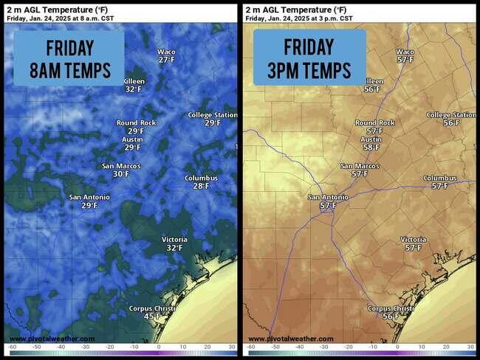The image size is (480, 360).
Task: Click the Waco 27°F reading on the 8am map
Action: coord(166,60)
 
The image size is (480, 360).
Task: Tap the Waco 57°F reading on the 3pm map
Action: coord(405,60)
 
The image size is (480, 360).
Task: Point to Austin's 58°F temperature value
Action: coord(371,148)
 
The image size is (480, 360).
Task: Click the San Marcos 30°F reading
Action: coord(120,174)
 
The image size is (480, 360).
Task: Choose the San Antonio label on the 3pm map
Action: coord(327,197)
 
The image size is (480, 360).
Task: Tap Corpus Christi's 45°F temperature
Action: coord(151,316)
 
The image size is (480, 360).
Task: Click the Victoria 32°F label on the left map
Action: coord(174,248)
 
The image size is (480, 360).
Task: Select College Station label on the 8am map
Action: coord(212,115)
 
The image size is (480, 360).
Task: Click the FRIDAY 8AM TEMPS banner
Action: coord(69,59)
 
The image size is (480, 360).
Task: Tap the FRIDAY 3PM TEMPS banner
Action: coord(309,58)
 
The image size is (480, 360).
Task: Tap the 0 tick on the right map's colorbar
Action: coord(397,346)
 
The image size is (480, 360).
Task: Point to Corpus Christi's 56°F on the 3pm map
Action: coord(390,316)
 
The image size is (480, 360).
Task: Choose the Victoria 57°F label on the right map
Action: coord(413,248)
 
